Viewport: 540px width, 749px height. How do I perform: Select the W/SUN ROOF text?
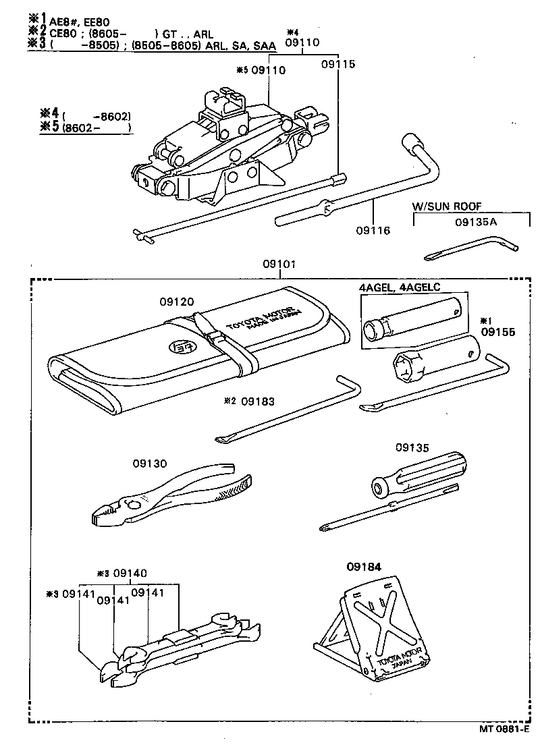coord(448,206)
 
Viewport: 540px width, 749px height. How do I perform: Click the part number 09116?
coord(374,231)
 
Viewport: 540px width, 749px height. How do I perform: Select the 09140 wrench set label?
coord(130,573)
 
